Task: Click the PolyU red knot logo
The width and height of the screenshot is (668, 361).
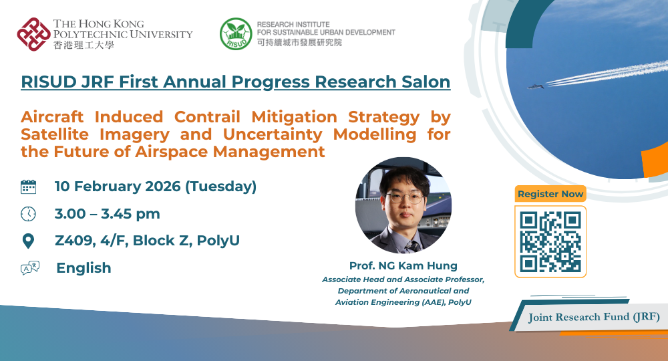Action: tap(34, 34)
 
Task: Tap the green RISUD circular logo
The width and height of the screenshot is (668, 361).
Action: tap(236, 34)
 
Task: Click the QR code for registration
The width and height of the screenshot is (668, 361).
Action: tap(550, 241)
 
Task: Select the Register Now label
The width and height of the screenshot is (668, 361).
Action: tap(550, 194)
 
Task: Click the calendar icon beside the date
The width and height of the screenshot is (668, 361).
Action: tap(28, 187)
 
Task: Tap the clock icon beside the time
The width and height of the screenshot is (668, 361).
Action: tap(28, 214)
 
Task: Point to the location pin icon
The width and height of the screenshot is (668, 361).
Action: tap(28, 241)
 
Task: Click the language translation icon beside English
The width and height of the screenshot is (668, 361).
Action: tap(30, 268)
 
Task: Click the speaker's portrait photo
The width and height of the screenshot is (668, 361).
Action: tap(403, 205)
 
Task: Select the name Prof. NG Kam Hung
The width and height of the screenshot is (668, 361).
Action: tap(403, 266)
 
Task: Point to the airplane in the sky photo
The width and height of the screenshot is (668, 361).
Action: tap(535, 86)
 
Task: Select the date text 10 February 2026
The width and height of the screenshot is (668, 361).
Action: tap(118, 187)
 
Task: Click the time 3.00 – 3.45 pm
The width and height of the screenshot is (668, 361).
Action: tap(108, 214)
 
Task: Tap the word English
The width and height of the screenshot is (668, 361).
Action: tap(83, 268)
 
